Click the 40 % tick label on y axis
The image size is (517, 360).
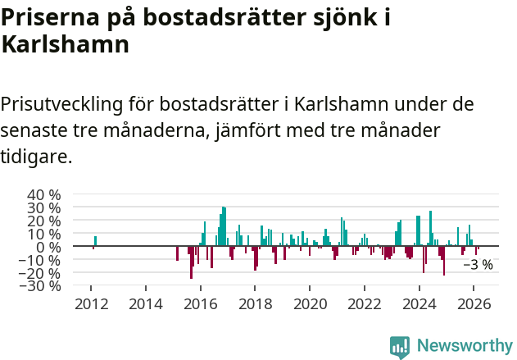click(x=44, y=194)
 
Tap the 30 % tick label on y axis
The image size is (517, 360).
click(x=44, y=207)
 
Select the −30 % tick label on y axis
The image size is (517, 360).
click(x=42, y=286)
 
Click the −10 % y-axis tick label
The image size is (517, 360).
click(x=42, y=260)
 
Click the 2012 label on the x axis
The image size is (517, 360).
click(x=91, y=304)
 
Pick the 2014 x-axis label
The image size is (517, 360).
click(x=146, y=304)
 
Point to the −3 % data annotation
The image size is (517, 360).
click(x=478, y=265)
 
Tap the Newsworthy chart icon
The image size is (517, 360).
click(x=400, y=347)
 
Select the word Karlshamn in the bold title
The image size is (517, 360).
click(x=66, y=45)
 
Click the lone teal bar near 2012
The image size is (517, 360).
click(x=95, y=241)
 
